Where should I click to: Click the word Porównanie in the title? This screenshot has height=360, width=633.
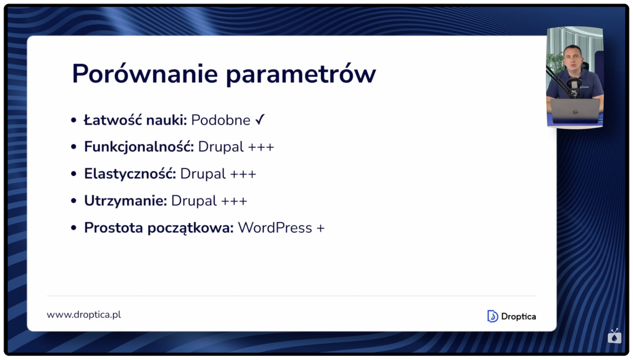point(145,74)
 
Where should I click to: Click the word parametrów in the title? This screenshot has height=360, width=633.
point(301,75)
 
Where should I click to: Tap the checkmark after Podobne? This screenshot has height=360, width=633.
point(260,120)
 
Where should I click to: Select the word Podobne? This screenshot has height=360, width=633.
point(220,120)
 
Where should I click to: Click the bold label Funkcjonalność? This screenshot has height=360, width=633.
point(139,147)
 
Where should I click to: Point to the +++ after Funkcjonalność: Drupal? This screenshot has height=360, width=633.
point(261,147)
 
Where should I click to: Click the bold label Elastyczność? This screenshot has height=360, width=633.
point(130,174)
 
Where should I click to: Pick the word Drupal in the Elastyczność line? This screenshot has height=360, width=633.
point(203,174)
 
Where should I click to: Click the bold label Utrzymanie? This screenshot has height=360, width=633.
point(125,201)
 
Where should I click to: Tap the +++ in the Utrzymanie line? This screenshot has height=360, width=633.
point(234,201)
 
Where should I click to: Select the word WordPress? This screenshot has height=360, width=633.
point(275,228)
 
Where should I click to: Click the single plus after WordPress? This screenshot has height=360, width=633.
point(320,228)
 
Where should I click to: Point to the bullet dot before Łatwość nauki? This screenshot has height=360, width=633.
point(73,120)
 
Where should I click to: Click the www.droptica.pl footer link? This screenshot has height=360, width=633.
point(84,315)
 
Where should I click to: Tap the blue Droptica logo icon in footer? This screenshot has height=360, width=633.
point(492,316)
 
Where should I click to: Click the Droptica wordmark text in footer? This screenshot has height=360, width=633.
point(518,316)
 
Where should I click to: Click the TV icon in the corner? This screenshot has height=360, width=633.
point(614,336)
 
